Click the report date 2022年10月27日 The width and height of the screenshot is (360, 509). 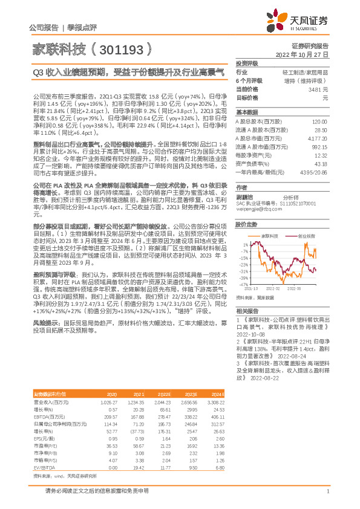pyautogui.click(x=302, y=54)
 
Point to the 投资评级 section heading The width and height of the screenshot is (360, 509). pyautogui.click(x=246, y=63)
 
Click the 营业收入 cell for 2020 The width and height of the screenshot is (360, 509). pyautogui.click(x=110, y=401)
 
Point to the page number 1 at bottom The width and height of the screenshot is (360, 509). pyautogui.click(x=327, y=491)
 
